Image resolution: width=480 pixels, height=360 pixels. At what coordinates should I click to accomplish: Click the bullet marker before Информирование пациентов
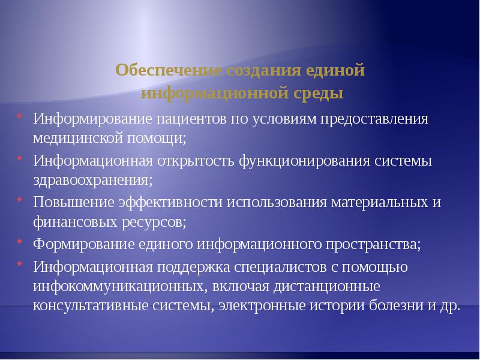(20, 116)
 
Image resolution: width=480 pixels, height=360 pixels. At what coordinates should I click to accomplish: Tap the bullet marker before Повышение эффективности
(20, 200)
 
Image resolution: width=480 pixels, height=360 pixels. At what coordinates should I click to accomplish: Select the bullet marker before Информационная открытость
(20, 158)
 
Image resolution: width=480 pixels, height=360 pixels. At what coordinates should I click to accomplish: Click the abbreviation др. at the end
(449, 307)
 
